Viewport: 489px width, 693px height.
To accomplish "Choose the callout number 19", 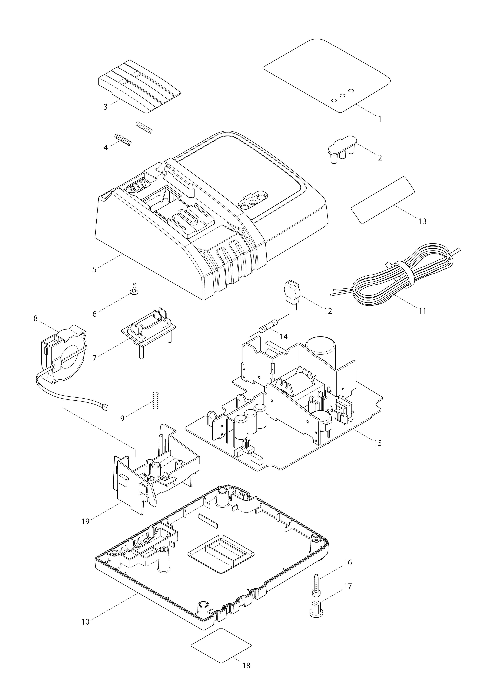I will tap(85, 521).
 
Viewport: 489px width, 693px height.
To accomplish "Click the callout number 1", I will tap(380, 119).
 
